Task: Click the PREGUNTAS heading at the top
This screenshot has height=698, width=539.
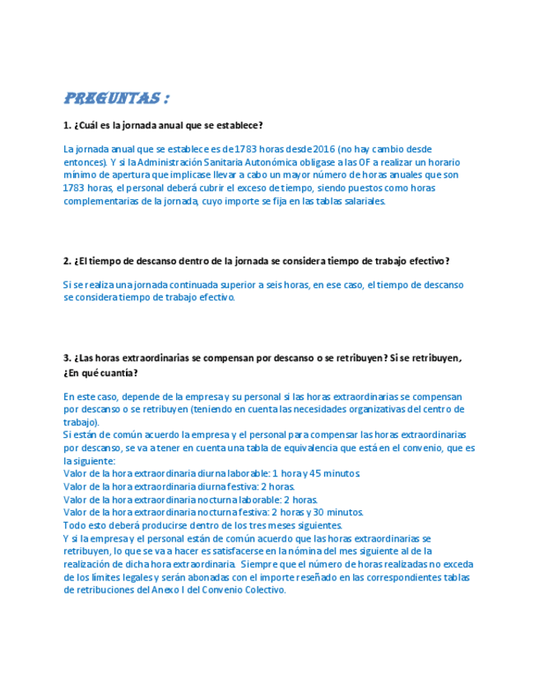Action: (x=116, y=99)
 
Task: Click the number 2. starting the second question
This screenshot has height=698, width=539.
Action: (x=67, y=261)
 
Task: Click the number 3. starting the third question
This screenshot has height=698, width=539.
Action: (x=67, y=358)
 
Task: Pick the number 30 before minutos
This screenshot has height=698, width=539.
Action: (x=314, y=512)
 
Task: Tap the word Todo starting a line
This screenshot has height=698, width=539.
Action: (x=73, y=525)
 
